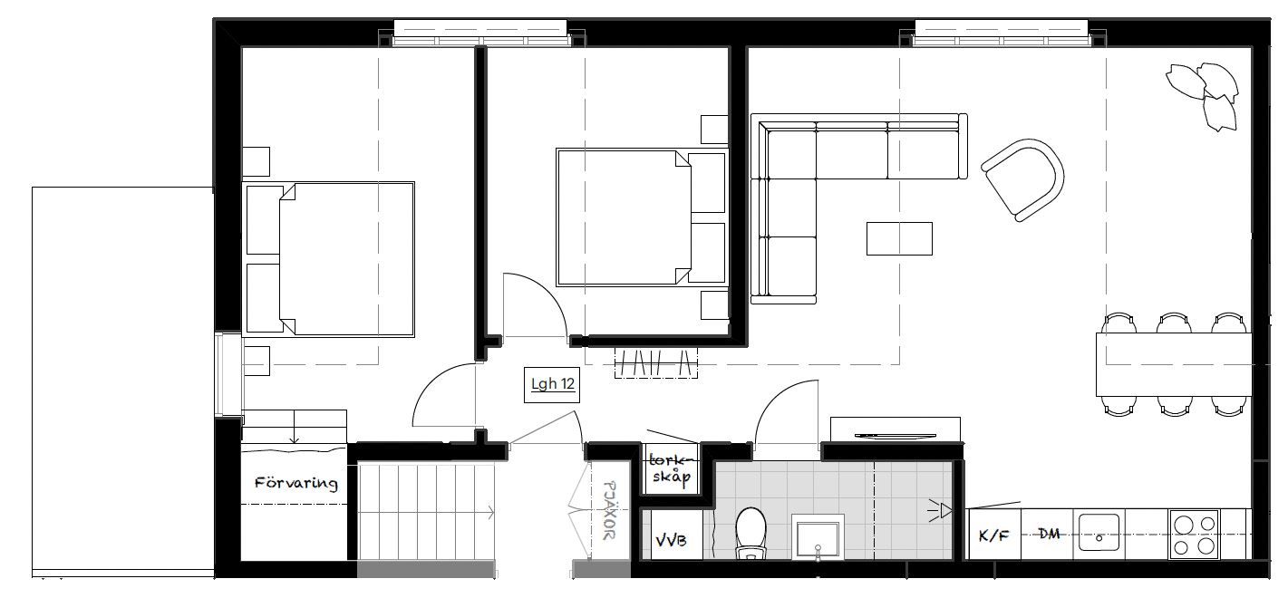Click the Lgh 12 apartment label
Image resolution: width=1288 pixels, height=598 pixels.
point(552,384)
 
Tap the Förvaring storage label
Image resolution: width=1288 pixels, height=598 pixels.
point(295,482)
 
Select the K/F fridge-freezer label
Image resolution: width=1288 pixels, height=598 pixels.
point(993,535)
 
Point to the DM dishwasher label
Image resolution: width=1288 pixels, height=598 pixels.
point(1050,535)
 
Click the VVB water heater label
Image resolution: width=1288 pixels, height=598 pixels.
point(671,541)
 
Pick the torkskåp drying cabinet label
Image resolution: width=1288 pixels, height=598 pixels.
point(671,469)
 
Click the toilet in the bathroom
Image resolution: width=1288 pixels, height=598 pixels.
point(751,533)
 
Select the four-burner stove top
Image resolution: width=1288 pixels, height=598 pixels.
point(1194,535)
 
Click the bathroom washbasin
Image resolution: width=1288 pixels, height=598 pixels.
point(818,537)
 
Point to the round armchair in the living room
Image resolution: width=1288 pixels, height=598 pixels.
point(1022,179)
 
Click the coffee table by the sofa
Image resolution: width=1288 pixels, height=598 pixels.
point(899,238)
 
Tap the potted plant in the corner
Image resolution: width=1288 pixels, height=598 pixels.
point(1203,95)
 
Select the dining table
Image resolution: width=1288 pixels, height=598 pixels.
point(1173,364)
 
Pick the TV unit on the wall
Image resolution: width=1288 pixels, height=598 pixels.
point(896,429)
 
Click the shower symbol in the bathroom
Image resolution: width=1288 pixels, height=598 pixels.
point(940,510)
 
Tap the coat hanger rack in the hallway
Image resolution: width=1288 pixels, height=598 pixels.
point(656,362)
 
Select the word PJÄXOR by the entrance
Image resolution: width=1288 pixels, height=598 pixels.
point(609,510)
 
